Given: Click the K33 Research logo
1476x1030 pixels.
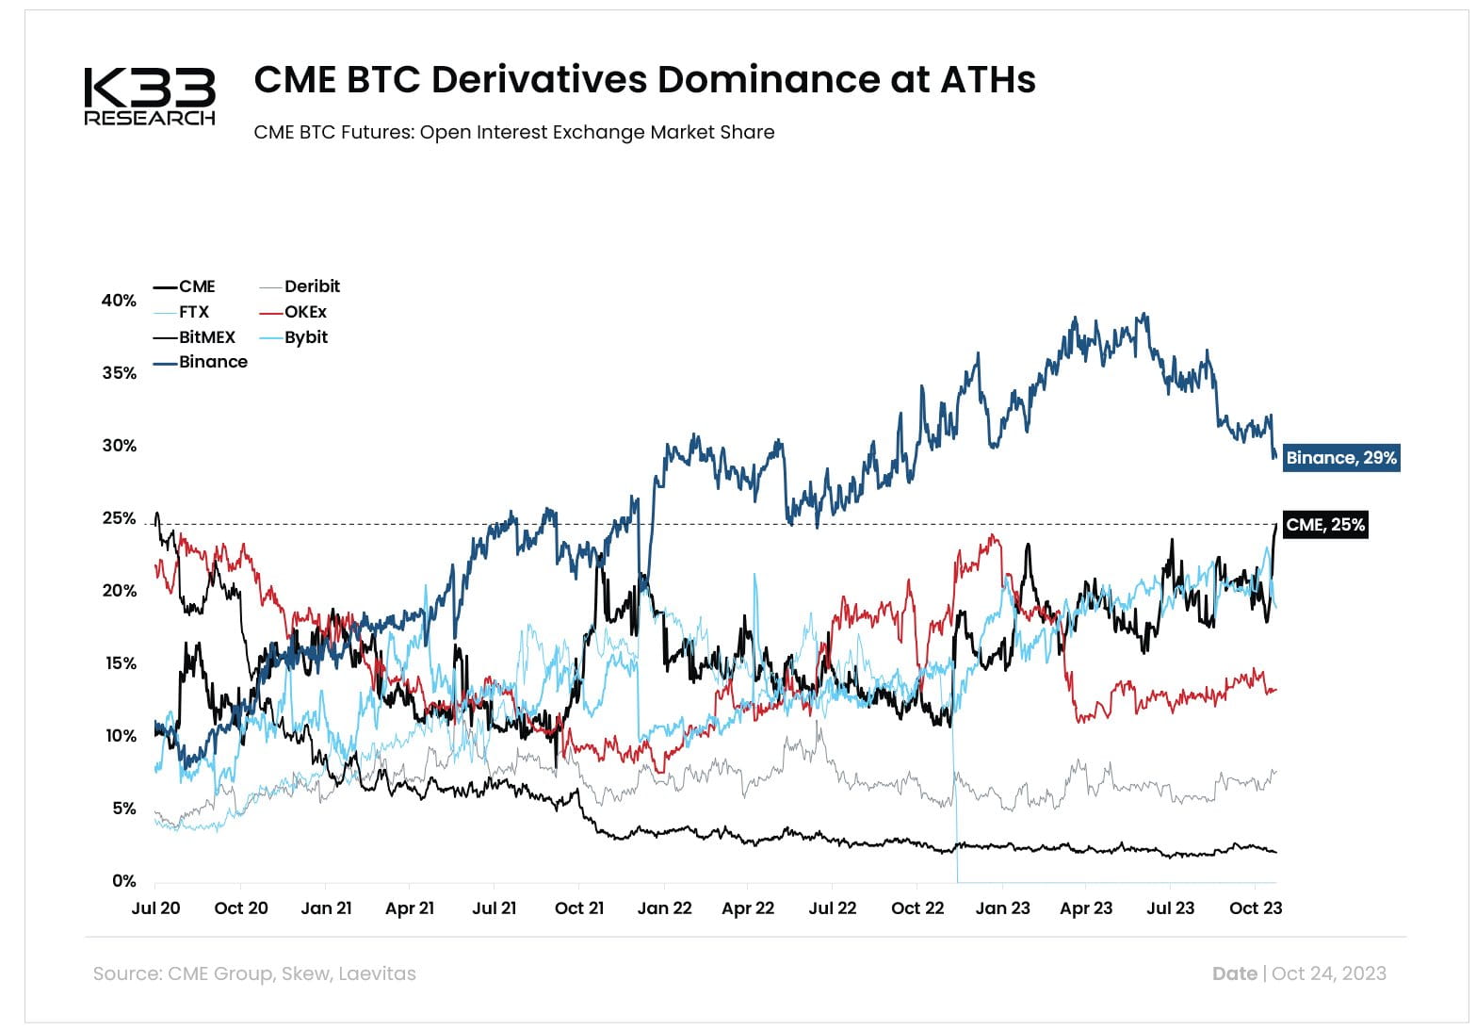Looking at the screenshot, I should click(150, 96).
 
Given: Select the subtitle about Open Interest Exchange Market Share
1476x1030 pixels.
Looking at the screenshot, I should click(513, 132).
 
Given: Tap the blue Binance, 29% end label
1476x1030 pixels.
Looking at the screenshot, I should click(1340, 458).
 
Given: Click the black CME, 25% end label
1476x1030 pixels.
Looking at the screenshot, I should click(1324, 525).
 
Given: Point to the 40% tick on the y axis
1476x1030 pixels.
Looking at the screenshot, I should click(119, 301).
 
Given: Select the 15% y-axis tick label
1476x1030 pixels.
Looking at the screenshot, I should click(119, 663).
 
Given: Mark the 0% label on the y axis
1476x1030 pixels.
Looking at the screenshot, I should click(123, 881).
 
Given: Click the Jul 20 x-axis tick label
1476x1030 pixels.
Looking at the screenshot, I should click(155, 908).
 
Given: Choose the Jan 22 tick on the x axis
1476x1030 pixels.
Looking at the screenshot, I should click(664, 908).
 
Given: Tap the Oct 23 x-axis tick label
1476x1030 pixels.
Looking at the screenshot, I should click(1256, 908).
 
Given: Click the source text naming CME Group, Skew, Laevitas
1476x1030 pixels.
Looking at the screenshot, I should click(254, 973).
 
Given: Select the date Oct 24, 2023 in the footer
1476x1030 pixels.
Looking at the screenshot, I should click(1328, 973).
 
